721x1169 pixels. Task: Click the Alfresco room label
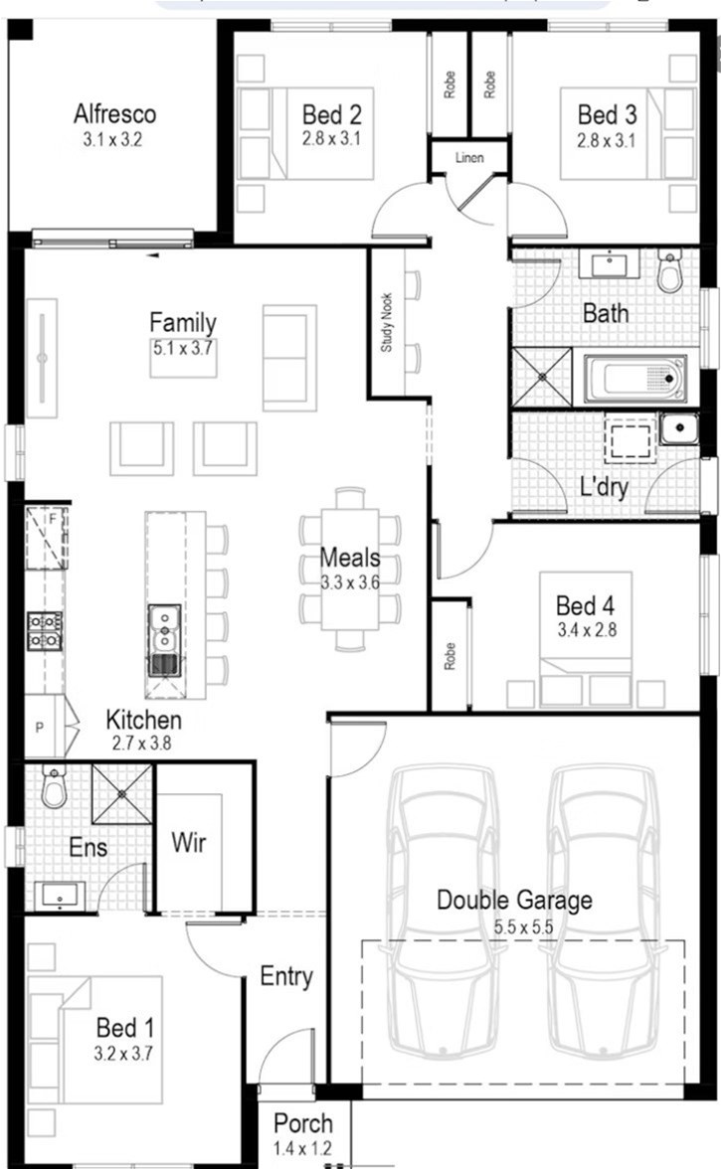pos(114,114)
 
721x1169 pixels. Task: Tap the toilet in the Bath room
pos(669,270)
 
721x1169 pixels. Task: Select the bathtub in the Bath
pos(634,378)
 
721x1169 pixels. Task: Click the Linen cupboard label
pos(469,158)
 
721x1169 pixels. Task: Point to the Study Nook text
pos(386,322)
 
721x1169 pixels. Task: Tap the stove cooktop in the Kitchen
pos(45,630)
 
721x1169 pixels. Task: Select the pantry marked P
pos(45,726)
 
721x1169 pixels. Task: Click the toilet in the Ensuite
pos(54,786)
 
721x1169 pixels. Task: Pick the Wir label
pos(188,843)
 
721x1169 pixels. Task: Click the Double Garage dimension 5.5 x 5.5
pos(523,927)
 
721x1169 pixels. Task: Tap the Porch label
pos(302,1123)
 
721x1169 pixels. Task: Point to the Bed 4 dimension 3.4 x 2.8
pos(587,630)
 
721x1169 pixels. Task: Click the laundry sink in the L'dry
pos(678,428)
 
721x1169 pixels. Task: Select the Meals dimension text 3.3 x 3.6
pos(350,583)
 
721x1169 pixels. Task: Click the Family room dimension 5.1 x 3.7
pos(183,348)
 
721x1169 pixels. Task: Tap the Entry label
pos(286,976)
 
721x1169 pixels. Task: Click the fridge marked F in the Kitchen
pos(46,538)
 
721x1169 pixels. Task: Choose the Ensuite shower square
pos(121,794)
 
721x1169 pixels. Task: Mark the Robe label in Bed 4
pos(450,656)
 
